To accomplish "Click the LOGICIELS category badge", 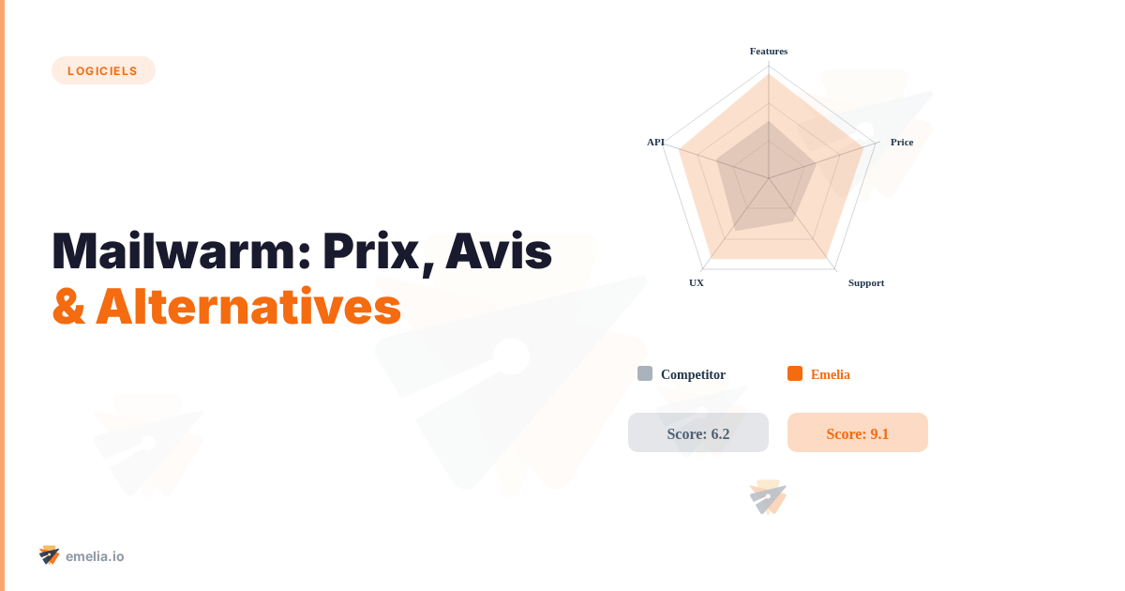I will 103,70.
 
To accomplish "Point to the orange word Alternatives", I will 248,306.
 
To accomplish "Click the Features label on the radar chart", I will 769,51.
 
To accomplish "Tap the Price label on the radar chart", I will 901,142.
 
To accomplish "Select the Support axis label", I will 865,282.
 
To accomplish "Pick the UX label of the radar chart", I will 697,282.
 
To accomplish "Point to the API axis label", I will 655,142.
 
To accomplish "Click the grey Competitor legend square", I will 645,373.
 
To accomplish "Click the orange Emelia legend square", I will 795,373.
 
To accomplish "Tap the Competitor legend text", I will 693,374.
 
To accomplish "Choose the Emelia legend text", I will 830,374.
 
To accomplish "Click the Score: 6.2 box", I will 698,432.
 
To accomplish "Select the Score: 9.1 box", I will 858,432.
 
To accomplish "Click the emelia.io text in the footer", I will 95,556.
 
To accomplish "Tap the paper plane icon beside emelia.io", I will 50,555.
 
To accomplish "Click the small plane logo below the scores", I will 768,497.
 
